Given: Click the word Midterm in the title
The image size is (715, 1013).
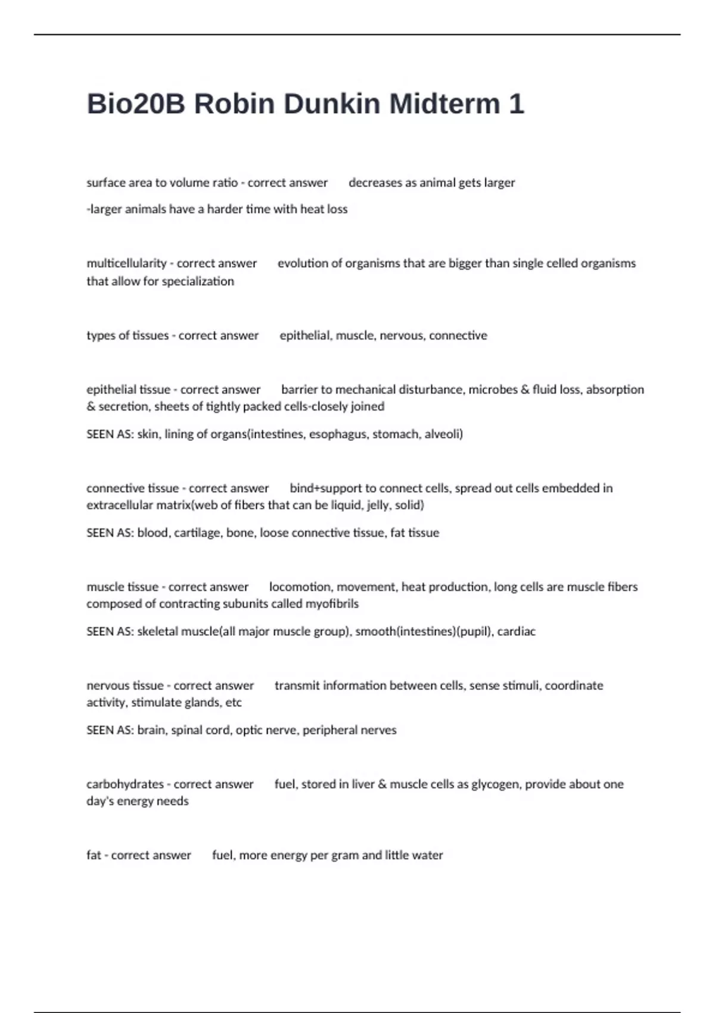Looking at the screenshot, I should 444,104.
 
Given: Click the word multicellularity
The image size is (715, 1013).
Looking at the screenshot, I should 126,263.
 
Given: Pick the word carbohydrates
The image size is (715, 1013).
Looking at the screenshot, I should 125,784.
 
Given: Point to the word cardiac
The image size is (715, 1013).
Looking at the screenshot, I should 516,631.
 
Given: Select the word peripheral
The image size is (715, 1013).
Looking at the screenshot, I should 325,730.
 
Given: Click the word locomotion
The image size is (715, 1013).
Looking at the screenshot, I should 300,587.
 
